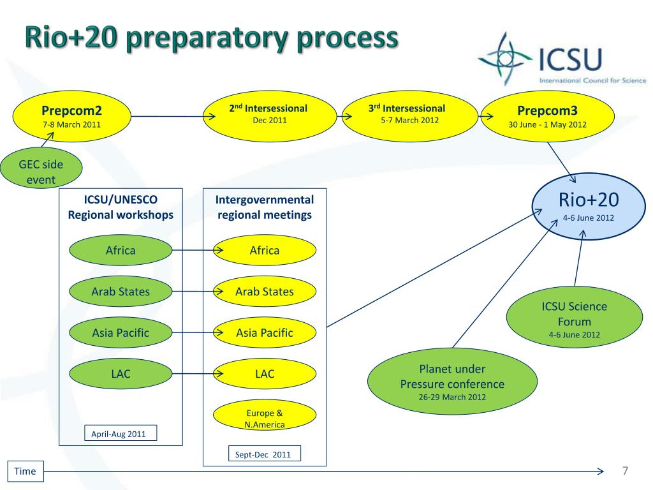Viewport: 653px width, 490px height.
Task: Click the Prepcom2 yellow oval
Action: point(71,116)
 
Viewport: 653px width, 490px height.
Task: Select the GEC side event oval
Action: point(41,168)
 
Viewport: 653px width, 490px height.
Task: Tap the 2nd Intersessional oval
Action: point(270,116)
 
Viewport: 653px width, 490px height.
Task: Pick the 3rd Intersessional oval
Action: point(409,116)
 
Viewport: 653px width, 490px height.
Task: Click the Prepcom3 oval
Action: point(547,116)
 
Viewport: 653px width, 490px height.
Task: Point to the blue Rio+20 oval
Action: point(589,206)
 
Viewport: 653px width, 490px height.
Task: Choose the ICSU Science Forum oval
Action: point(575,317)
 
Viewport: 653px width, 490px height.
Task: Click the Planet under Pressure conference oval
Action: point(452,382)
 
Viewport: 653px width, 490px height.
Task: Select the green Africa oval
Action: point(121,250)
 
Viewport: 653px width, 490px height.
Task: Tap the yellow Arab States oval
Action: point(265,291)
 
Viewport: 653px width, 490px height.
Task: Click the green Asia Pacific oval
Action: point(121,332)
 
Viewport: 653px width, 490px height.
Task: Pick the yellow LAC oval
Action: point(265,374)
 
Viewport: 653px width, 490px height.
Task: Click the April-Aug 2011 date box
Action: point(121,433)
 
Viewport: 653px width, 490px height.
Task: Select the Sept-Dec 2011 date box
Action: point(265,454)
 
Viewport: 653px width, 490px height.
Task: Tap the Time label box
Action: point(25,471)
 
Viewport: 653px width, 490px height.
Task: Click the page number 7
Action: point(625,471)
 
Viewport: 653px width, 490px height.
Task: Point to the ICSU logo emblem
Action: point(505,59)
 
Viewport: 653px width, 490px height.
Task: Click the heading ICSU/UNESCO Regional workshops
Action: point(121,207)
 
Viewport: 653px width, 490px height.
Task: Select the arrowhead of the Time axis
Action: point(601,471)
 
